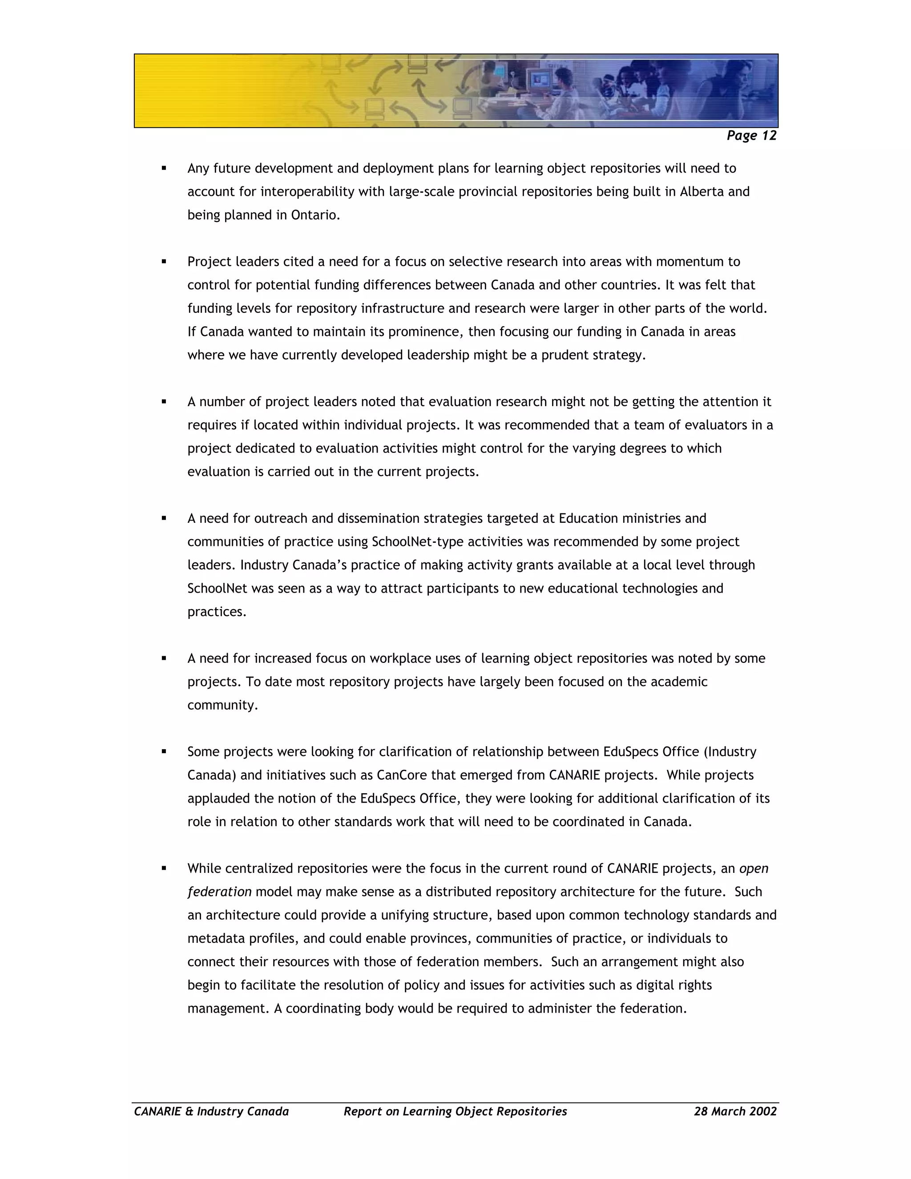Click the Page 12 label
click(x=751, y=136)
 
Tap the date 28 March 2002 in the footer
click(x=735, y=1111)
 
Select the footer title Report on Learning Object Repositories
click(x=455, y=1111)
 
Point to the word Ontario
click(x=315, y=215)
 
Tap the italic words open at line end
click(x=754, y=868)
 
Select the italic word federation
click(x=219, y=892)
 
